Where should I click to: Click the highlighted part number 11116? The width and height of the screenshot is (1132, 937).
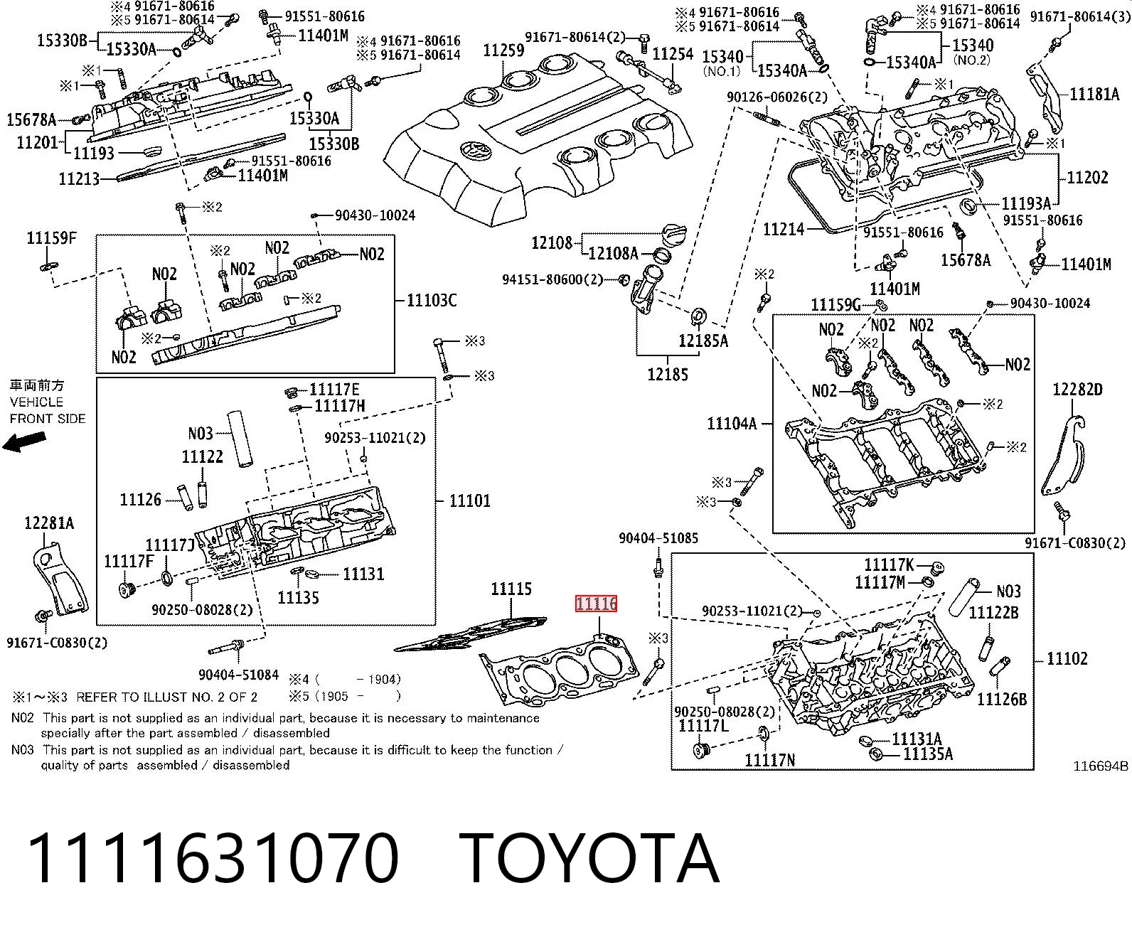click(x=596, y=604)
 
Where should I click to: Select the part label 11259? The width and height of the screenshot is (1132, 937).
click(x=503, y=50)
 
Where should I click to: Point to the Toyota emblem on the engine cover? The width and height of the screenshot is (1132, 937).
click(x=476, y=149)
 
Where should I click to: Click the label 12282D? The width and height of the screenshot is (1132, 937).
click(x=1077, y=390)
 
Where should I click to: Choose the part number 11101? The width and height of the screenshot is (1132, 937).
click(x=469, y=500)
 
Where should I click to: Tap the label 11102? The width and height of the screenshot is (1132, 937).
click(x=1067, y=658)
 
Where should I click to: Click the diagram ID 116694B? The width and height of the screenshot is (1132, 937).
click(x=1101, y=766)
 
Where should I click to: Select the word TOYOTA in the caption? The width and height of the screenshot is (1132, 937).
click(x=589, y=860)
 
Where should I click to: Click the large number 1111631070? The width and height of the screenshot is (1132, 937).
click(x=213, y=860)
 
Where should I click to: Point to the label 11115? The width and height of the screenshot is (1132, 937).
click(x=511, y=589)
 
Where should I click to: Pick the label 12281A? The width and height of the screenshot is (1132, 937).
click(x=49, y=523)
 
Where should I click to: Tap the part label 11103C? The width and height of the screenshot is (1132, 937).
click(x=432, y=300)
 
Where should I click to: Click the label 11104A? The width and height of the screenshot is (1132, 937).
click(x=732, y=424)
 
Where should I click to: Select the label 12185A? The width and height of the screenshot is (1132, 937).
click(x=703, y=341)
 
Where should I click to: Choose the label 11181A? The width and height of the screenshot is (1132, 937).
click(x=1094, y=95)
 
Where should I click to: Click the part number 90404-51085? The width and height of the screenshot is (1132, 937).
click(x=658, y=538)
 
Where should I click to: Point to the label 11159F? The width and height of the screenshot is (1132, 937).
click(x=51, y=237)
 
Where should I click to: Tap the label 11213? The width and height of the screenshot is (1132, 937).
click(x=79, y=178)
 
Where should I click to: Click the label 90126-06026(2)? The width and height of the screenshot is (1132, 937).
click(x=777, y=97)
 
